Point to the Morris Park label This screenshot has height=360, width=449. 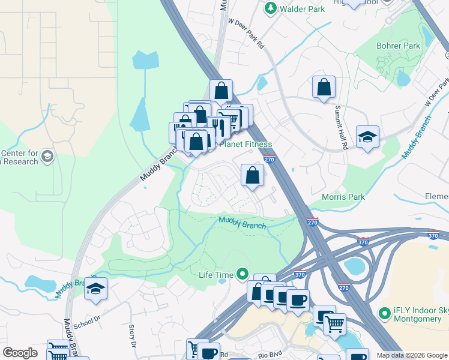[344, 197]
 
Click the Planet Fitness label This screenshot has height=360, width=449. [246, 144]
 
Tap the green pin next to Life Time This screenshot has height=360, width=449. [243, 274]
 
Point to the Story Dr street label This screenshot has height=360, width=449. [133, 335]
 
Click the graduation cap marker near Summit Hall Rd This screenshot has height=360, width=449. [367, 137]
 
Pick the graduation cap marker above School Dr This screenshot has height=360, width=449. [95, 289]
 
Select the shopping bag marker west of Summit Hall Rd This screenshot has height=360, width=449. [324, 87]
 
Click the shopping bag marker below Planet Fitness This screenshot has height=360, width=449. [253, 175]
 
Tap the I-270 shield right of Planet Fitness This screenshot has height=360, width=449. [269, 159]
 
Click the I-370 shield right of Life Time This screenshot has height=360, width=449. [300, 274]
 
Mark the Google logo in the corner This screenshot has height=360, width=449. [20, 353]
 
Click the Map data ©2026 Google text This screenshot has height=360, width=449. [412, 355]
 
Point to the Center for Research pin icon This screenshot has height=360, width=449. [47, 157]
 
